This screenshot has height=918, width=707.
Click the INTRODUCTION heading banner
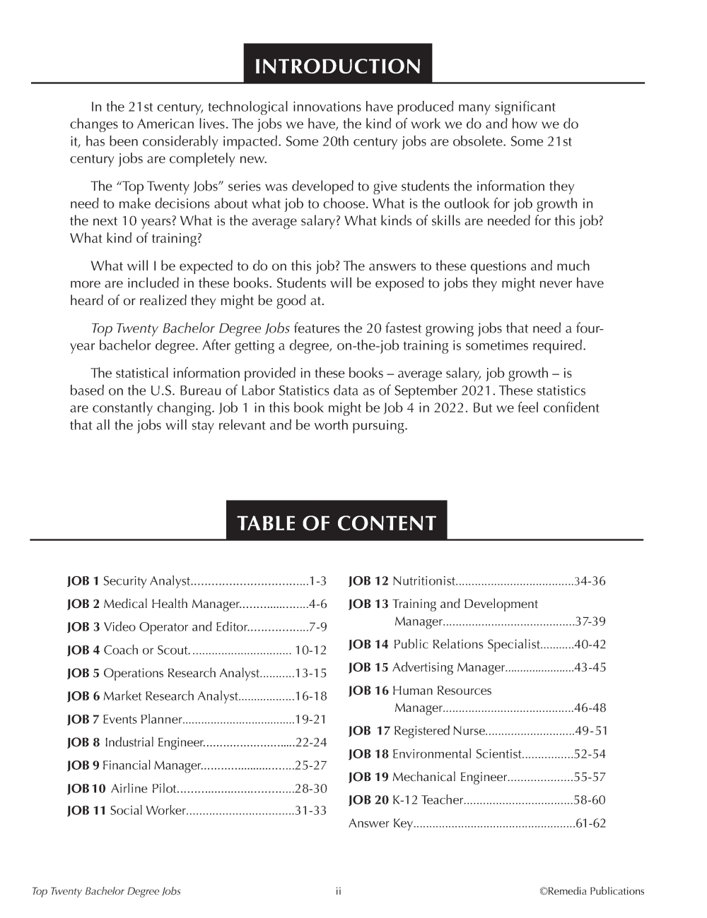tap(337, 66)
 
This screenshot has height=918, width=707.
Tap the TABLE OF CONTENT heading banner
tap(337, 523)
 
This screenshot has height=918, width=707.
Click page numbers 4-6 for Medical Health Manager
tap(318, 604)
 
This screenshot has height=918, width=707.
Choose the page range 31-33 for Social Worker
tap(311, 811)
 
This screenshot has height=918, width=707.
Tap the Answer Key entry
tap(380, 823)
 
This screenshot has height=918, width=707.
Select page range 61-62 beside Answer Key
tap(591, 823)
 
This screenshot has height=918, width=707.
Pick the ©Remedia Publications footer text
tap(592, 891)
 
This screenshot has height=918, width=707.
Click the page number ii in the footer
tap(339, 891)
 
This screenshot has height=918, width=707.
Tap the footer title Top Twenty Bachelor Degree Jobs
tap(107, 891)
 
